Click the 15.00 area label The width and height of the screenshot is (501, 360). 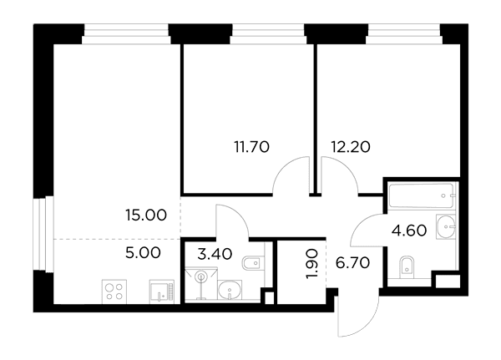(146, 215)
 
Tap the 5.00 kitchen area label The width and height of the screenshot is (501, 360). (143, 253)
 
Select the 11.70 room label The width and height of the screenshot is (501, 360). (252, 147)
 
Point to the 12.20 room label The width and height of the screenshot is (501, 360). (351, 147)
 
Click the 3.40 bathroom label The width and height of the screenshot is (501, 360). (215, 254)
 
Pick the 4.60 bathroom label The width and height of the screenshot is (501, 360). (409, 231)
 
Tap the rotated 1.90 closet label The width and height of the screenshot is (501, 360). (311, 264)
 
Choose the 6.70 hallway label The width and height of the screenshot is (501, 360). (352, 263)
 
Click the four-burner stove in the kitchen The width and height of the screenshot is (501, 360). (114, 292)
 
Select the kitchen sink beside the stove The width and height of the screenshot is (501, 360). (162, 292)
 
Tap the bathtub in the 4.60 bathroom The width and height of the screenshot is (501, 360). (421, 195)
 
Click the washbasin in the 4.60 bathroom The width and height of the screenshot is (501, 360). (445, 226)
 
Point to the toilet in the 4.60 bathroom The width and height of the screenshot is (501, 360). (407, 266)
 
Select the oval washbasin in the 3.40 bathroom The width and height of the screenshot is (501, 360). (230, 291)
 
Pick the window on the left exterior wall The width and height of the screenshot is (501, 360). (43, 234)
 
